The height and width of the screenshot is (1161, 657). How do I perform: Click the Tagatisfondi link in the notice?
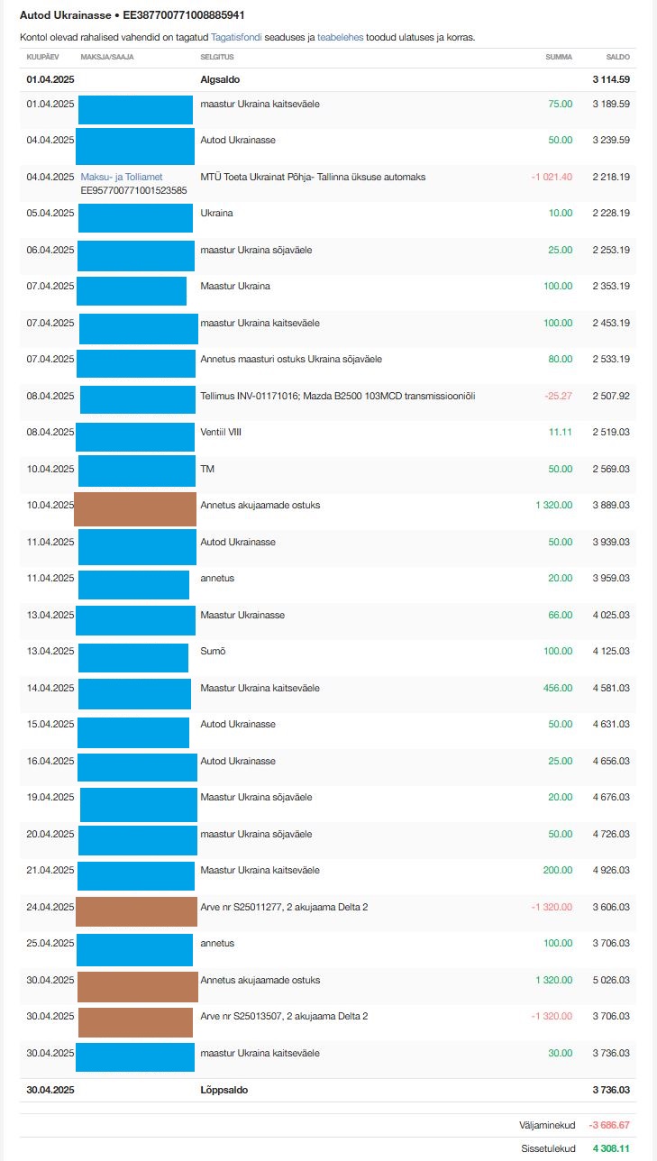tap(236, 38)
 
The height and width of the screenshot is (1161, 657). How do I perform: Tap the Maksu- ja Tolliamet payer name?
tap(121, 177)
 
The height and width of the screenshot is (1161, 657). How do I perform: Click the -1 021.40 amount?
tap(552, 177)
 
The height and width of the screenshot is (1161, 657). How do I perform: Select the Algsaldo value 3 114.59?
tap(611, 79)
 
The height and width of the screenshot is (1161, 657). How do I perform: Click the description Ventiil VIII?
tap(221, 433)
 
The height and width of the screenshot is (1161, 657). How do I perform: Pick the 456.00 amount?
tap(559, 688)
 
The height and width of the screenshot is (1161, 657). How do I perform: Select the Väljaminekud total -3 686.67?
tap(608, 1125)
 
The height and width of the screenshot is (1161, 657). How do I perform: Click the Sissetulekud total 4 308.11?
tap(610, 1149)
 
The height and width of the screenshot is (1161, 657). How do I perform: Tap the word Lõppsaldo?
tap(224, 1090)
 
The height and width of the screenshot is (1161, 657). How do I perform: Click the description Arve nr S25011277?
tap(283, 907)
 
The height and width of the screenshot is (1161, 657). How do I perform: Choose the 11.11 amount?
tap(561, 433)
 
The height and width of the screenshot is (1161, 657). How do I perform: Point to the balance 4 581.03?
tap(611, 688)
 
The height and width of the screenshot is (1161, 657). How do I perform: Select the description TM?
tap(207, 469)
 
